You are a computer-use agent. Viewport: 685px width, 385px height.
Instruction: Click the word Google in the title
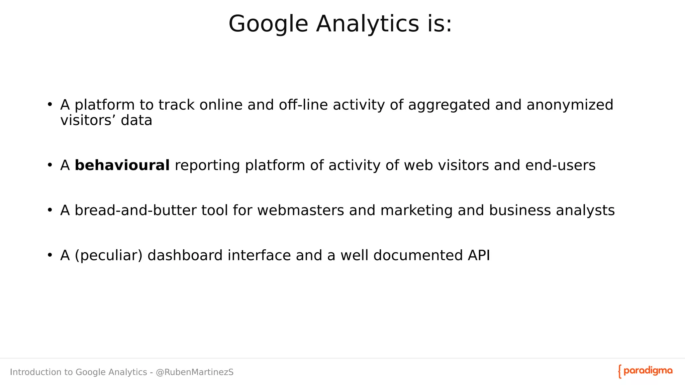click(268, 24)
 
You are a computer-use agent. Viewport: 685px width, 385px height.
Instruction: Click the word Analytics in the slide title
click(367, 24)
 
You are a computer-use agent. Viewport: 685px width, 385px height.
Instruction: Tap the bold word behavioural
click(122, 165)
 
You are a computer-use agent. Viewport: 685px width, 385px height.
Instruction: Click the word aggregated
click(449, 105)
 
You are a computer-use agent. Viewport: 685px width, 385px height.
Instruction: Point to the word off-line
click(303, 105)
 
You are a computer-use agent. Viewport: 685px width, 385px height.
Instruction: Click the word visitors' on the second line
click(88, 120)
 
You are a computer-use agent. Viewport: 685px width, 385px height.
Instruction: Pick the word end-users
click(560, 165)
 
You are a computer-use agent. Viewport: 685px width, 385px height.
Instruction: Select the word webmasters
click(300, 211)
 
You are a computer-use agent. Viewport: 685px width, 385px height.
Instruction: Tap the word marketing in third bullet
click(416, 211)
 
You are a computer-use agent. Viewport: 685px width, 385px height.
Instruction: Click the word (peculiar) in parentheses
click(108, 256)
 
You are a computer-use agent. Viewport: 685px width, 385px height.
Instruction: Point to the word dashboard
click(185, 256)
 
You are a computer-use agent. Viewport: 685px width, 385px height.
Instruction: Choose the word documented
click(417, 256)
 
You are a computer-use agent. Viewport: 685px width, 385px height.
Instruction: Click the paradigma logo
click(645, 371)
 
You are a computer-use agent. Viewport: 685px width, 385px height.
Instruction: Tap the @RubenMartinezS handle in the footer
click(195, 372)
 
